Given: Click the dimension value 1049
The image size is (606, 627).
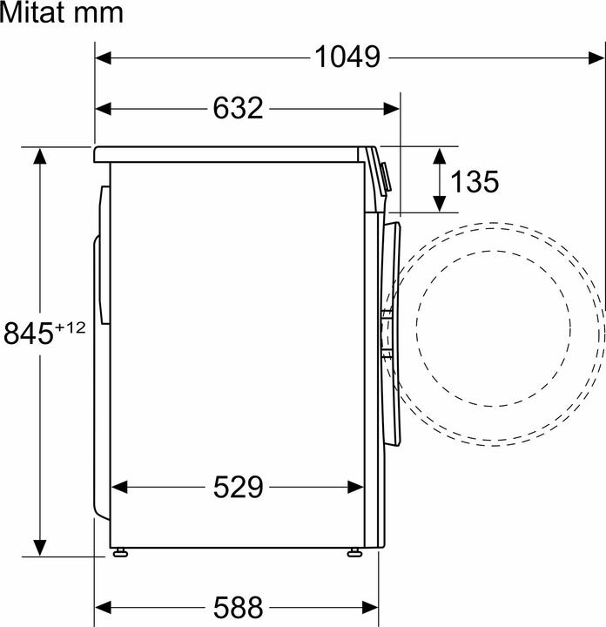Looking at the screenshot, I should [347, 57].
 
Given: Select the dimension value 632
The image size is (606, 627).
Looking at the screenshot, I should [237, 108].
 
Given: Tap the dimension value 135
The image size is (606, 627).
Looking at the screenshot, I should [475, 181].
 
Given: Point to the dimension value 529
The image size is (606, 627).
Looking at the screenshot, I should [237, 488].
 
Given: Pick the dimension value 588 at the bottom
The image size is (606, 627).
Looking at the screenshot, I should [237, 605].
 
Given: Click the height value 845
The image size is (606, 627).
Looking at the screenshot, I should [29, 333].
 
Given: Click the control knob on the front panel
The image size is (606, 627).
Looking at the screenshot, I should [386, 174].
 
